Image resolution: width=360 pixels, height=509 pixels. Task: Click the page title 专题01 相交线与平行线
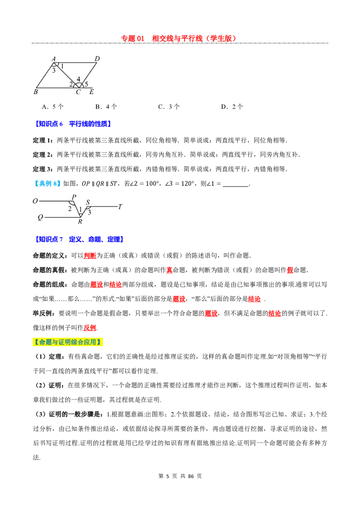[178, 38]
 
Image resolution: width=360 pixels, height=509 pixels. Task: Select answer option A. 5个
[53, 107]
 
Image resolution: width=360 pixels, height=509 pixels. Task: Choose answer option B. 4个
[106, 107]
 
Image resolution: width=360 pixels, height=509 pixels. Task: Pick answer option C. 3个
[169, 107]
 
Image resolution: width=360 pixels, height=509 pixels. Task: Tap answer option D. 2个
[232, 107]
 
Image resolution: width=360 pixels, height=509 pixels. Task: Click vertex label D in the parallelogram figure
[97, 59]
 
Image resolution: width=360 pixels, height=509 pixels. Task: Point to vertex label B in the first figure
[36, 92]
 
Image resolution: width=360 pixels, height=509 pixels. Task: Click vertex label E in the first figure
[92, 92]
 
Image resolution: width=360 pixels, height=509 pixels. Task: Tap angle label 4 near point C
[78, 79]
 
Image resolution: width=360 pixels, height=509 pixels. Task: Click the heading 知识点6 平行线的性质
[73, 124]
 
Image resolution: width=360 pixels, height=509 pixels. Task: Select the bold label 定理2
[43, 155]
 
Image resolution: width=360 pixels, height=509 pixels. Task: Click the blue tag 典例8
[47, 183]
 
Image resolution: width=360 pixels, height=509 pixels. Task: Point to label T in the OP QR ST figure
[120, 206]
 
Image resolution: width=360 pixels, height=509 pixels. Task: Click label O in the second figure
[36, 201]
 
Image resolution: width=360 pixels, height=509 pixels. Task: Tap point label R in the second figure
[80, 221]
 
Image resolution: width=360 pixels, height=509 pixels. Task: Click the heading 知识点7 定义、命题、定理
[79, 239]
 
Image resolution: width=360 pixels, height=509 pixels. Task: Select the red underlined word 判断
[90, 255]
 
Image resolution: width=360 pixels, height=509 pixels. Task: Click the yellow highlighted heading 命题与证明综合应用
[67, 342]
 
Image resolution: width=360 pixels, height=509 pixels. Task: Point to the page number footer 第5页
[168, 476]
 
